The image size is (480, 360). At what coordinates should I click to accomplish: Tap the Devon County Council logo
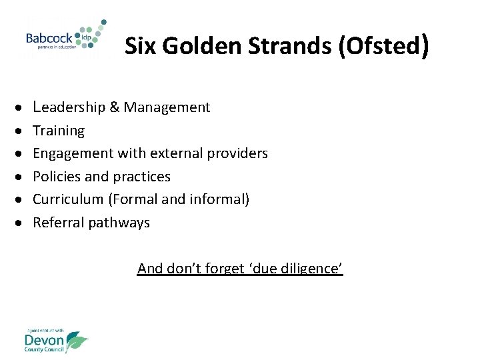tap(55, 341)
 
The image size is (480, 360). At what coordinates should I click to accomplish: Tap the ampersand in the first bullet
tap(115, 107)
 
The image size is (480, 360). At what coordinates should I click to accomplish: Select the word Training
tap(59, 131)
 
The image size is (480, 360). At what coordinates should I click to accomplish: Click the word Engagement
tap(73, 153)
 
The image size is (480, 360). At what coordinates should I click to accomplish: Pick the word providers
tap(236, 153)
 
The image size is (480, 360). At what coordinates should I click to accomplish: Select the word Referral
tap(57, 223)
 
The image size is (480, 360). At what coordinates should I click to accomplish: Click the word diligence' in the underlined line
tap(313, 269)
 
